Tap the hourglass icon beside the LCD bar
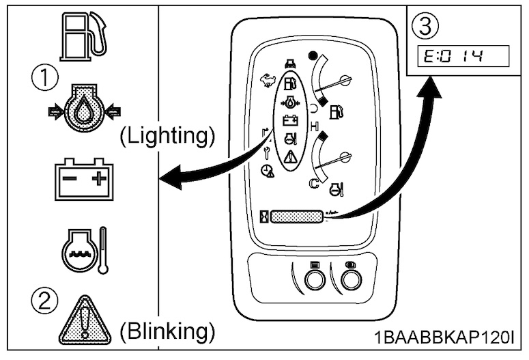coord(264,217)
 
